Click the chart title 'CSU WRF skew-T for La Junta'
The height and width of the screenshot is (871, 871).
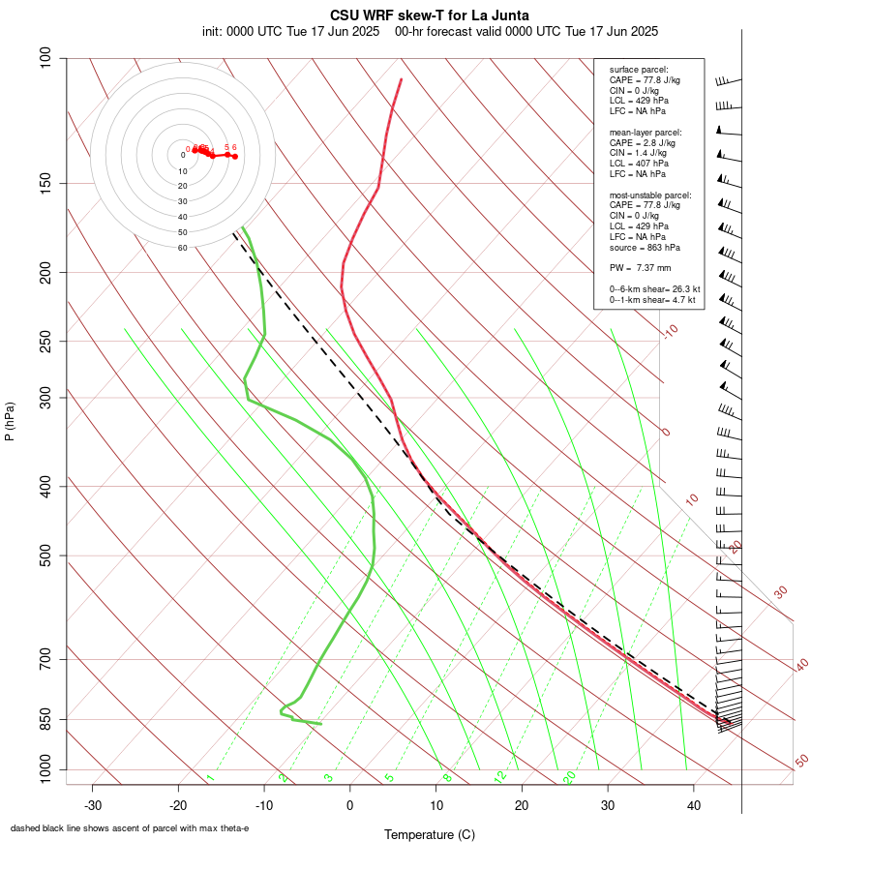430,15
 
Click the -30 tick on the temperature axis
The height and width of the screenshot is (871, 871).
93,805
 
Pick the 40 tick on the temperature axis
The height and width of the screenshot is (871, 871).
693,805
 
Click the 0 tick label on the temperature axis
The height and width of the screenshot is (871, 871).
350,805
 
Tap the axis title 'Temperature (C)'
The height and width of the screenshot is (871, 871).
430,834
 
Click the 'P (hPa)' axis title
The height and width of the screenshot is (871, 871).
10,422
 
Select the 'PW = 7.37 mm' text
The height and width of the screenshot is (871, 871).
640,267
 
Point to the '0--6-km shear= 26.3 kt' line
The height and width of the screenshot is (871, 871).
654,288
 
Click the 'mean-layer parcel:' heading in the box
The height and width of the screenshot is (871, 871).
646,132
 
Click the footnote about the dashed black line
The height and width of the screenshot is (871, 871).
130,828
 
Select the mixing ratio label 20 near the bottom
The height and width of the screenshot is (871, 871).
570,777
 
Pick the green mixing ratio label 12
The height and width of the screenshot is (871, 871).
500,777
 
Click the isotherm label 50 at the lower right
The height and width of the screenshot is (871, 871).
801,762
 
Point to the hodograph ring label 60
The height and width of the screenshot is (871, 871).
182,248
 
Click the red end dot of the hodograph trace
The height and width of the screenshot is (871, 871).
235,156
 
